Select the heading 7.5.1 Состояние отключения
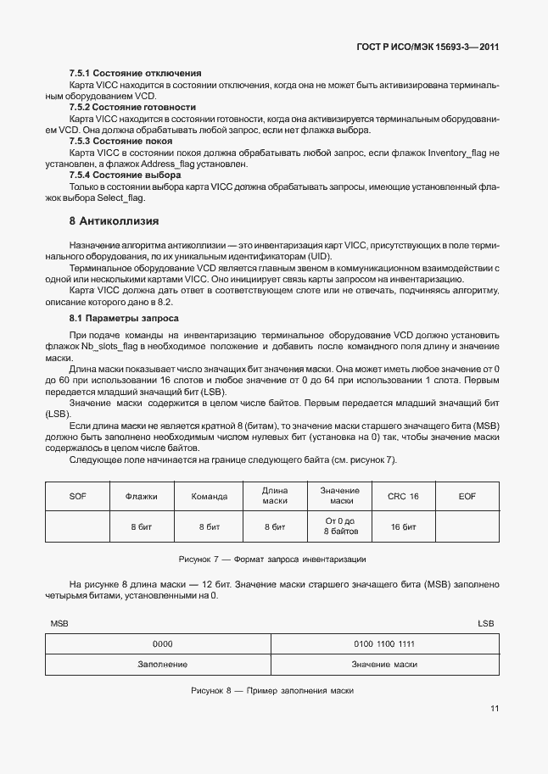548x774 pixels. click(x=135, y=73)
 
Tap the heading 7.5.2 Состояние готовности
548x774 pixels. click(x=132, y=108)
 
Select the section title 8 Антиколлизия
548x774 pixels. click(x=114, y=220)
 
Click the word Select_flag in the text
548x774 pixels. click(x=120, y=198)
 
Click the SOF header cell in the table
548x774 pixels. click(x=77, y=496)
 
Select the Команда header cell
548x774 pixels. click(x=209, y=496)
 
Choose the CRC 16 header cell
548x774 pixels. click(x=403, y=496)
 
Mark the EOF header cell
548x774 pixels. click(x=467, y=496)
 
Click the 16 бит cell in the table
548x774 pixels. click(x=403, y=526)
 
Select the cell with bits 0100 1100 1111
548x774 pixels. click(x=384, y=643)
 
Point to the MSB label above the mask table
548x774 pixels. click(x=59, y=623)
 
